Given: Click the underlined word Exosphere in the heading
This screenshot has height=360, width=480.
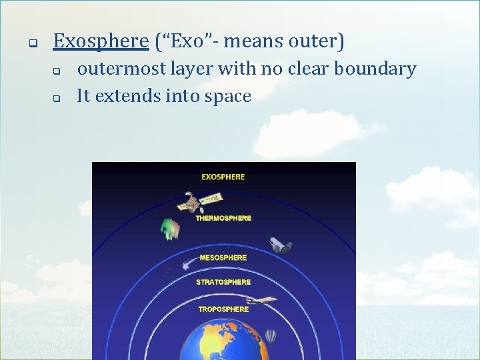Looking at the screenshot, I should pyautogui.click(x=101, y=41).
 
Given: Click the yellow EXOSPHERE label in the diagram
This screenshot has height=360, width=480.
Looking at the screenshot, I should pyautogui.click(x=223, y=177).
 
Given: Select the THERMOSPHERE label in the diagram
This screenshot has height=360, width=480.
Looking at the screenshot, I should pyautogui.click(x=223, y=218).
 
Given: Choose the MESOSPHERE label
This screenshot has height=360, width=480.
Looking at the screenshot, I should pyautogui.click(x=222, y=257).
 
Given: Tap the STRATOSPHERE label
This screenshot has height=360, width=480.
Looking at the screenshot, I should pyautogui.click(x=223, y=282).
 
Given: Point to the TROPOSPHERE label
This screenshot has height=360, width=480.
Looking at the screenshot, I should pyautogui.click(x=223, y=309).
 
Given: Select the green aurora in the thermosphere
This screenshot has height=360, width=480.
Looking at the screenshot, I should pyautogui.click(x=171, y=229).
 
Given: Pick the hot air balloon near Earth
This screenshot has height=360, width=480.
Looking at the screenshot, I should pyautogui.click(x=270, y=336).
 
